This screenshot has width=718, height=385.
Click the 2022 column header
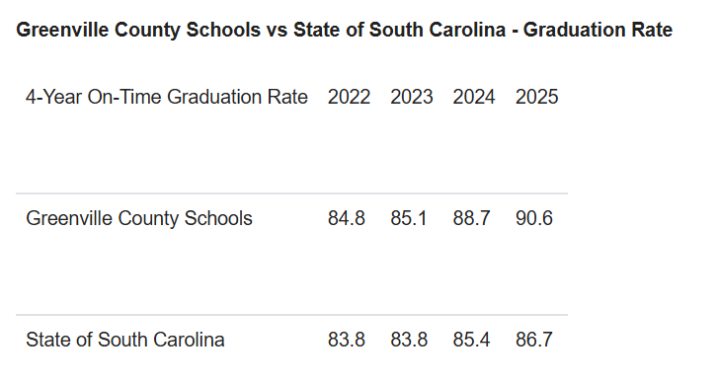[349, 97]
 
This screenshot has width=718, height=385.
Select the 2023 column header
[411, 97]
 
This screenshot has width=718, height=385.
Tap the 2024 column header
[474, 97]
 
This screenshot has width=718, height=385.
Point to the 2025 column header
[536, 97]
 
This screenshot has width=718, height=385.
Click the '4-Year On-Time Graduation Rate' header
[167, 97]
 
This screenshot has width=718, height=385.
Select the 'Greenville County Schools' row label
[139, 218]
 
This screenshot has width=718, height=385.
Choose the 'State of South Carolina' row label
[125, 340]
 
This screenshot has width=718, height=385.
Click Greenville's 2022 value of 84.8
[347, 218]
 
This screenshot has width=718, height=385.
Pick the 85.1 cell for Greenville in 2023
[409, 218]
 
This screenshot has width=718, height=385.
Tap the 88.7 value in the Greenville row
[472, 218]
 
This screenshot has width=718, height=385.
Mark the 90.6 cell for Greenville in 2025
[534, 218]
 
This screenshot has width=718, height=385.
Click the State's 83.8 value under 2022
[347, 340]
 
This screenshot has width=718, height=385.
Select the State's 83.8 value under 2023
[409, 340]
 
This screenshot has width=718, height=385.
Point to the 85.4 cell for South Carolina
[472, 340]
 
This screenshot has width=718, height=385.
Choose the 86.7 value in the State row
[534, 340]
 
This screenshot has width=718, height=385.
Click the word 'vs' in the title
[278, 31]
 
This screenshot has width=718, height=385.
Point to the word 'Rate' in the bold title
[652, 31]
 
